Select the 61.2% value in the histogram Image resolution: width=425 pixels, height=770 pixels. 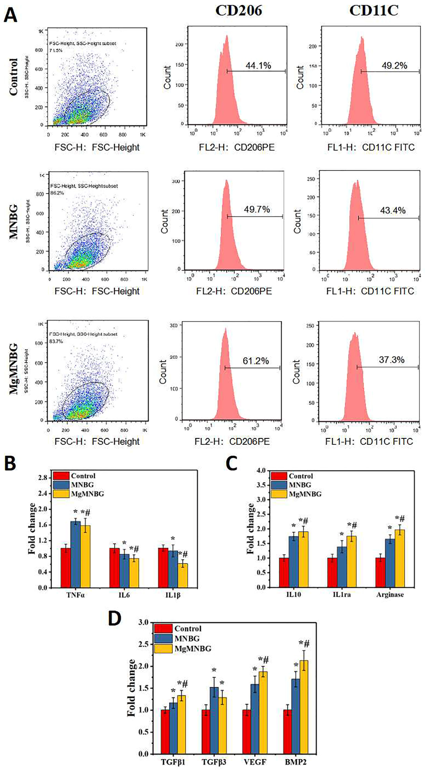point(256,361)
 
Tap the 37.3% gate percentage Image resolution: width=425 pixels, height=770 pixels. point(391,360)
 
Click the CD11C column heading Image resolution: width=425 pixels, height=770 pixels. point(374,11)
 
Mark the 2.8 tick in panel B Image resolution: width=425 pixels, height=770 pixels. point(43,478)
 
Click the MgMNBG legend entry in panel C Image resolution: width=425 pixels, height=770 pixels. point(305,494)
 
